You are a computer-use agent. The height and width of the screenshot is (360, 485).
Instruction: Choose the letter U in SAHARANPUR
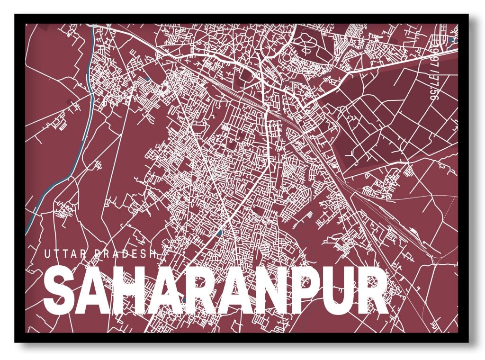tap(335, 290)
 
